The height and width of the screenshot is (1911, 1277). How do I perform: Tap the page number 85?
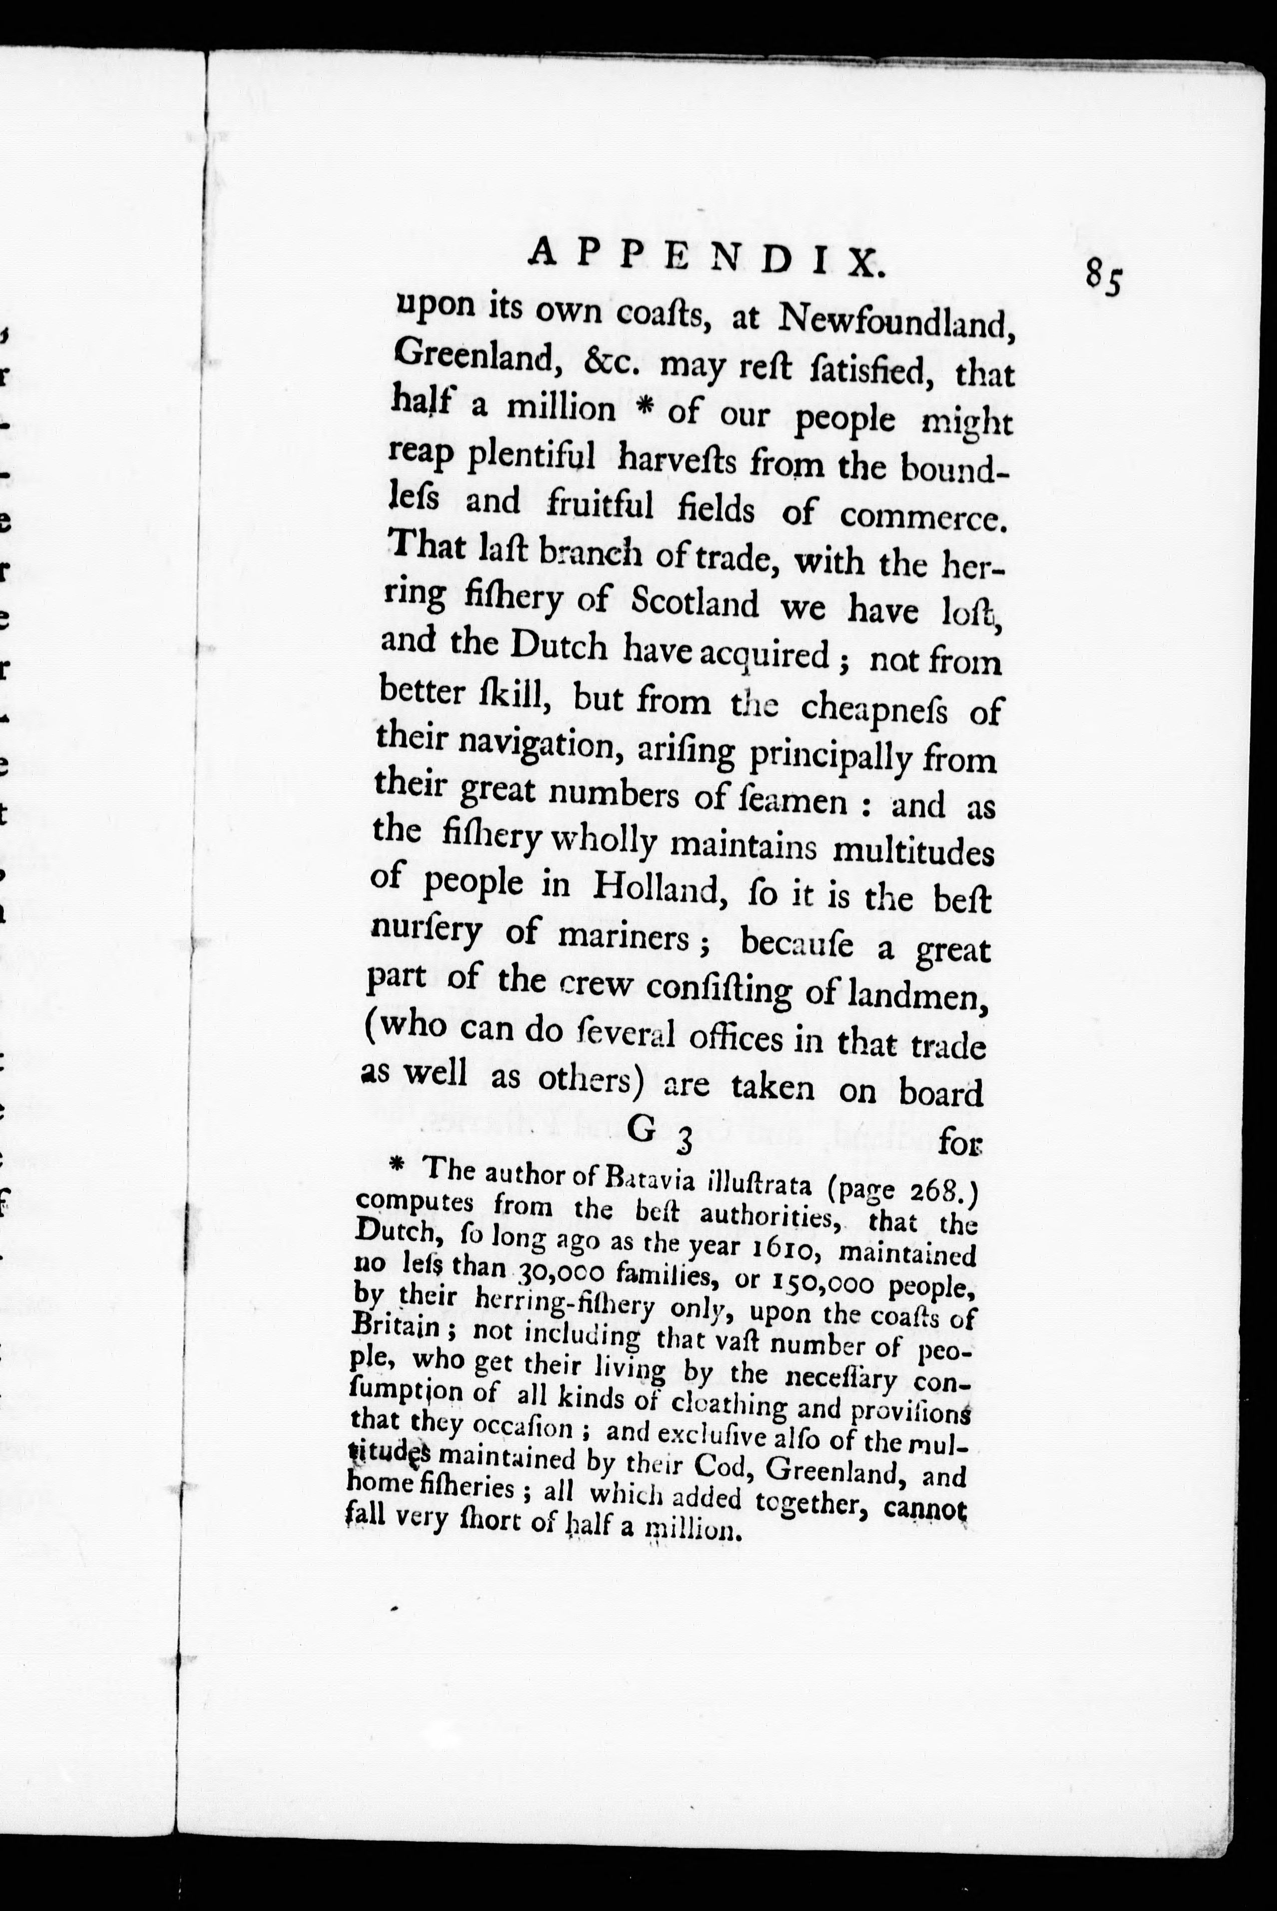click(x=1103, y=280)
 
